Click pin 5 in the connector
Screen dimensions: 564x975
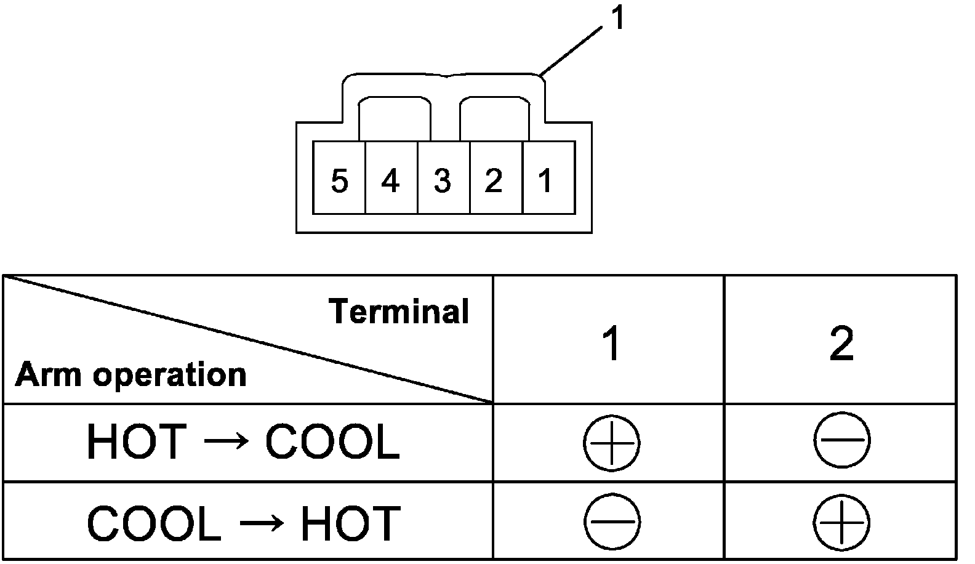pyautogui.click(x=339, y=180)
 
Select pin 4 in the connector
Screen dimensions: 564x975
pyautogui.click(x=391, y=180)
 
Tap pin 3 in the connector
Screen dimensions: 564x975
pyautogui.click(x=443, y=180)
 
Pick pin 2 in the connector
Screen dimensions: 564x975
pyautogui.click(x=494, y=180)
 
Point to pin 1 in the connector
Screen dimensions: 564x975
pyautogui.click(x=545, y=180)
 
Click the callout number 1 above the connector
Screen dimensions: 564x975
pyautogui.click(x=617, y=18)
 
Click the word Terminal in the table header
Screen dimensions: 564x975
pyautogui.click(x=399, y=311)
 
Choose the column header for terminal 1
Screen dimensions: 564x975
pyautogui.click(x=611, y=344)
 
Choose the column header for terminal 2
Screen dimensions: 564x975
pyautogui.click(x=841, y=344)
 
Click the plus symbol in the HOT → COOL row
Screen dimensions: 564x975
pyautogui.click(x=611, y=442)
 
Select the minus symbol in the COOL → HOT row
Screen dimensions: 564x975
pyautogui.click(x=611, y=522)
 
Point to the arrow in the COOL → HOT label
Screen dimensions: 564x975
pyautogui.click(x=261, y=523)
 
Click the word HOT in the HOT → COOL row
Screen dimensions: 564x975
pyautogui.click(x=136, y=442)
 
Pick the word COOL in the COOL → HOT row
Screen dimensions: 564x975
pyautogui.click(x=154, y=523)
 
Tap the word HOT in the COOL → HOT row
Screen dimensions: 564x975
pyautogui.click(x=350, y=523)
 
